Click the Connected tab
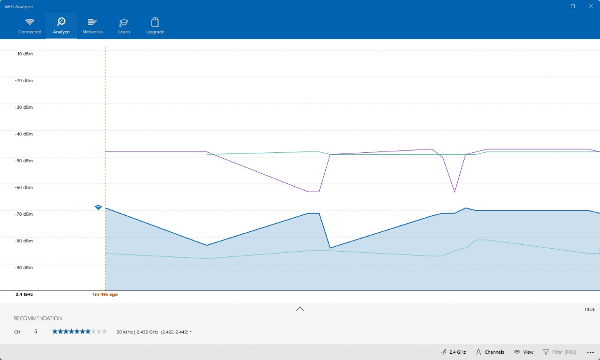30,26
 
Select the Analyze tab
61,26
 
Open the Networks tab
92,26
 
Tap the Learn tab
124,26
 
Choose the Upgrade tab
155,26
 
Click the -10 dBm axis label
24,54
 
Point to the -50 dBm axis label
24,161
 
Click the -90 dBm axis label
24,268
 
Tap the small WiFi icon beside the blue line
98,208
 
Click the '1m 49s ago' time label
105,294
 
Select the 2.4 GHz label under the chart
24,294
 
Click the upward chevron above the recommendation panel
300,309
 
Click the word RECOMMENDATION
38,318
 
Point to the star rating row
79,331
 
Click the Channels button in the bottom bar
490,352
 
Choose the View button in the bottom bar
524,352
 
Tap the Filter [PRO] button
559,352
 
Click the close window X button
590,6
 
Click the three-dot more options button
590,352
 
